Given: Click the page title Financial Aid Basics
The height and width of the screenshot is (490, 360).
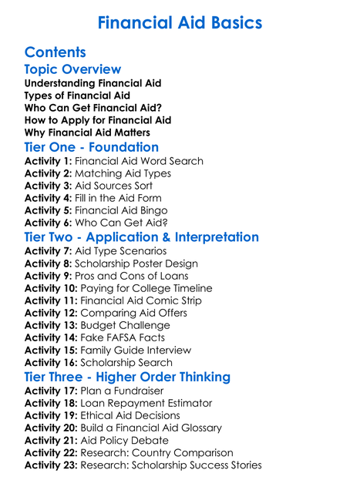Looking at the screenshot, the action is coord(180,22).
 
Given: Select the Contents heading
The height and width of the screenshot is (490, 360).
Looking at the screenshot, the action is coord(55,52).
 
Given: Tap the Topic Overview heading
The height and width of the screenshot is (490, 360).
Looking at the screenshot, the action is coord(72,69).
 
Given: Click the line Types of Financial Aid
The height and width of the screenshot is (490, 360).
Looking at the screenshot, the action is coord(78,95).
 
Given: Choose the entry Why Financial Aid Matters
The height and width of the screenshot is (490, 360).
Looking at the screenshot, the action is coord(87,133).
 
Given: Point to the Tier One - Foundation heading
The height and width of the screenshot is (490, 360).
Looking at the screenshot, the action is coord(92,147).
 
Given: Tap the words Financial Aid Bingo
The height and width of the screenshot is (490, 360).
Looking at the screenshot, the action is coord(124,210).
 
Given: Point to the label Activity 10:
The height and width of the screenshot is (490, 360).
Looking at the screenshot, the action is coord(51,288).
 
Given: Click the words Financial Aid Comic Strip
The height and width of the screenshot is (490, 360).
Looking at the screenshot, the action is coord(143,300).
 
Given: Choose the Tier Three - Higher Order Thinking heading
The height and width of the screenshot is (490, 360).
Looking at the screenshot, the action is coord(127,377).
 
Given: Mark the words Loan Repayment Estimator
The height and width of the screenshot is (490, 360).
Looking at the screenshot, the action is coord(146,403).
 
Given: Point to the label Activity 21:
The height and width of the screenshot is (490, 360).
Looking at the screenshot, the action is coord(51,440).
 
